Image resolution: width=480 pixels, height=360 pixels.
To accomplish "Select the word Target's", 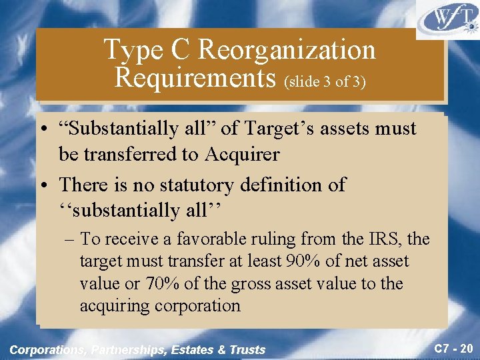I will click(x=284, y=128).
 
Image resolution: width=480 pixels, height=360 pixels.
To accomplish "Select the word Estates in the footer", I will click(x=198, y=349).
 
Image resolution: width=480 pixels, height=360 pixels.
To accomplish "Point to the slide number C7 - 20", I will click(x=453, y=348).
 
